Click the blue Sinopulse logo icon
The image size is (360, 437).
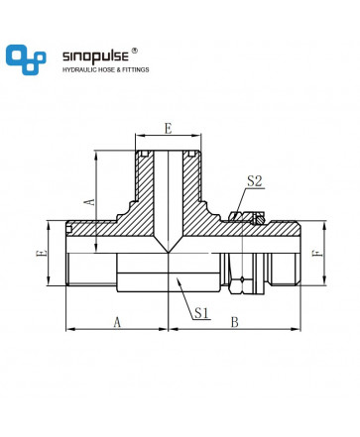coord(26,59)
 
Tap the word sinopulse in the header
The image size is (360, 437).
coord(95,56)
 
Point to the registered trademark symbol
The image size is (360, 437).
coord(135,51)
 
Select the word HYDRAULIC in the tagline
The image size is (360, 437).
coord(78,69)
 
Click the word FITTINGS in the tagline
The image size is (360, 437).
coord(136,69)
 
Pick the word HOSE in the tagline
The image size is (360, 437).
coord(104,69)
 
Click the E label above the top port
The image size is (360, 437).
coord(169,129)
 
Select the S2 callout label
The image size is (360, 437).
coord(255,181)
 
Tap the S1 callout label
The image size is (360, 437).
coord(201,312)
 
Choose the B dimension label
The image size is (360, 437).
coord(234,322)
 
